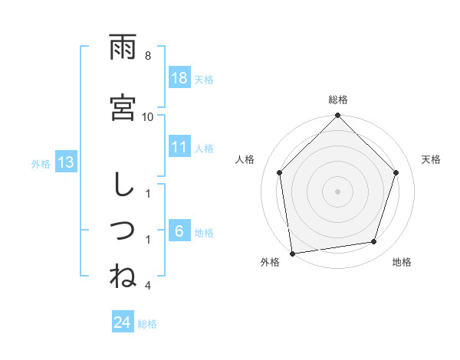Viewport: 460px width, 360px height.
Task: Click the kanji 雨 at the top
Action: click(x=123, y=49)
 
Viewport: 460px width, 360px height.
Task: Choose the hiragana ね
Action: click(x=123, y=275)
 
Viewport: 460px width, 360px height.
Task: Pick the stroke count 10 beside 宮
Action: click(x=148, y=116)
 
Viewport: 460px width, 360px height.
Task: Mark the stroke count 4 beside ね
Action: click(x=148, y=286)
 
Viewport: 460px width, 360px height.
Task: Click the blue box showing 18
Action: click(x=179, y=79)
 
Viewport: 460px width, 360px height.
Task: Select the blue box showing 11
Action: click(x=179, y=148)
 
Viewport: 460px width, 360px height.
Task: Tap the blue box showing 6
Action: click(x=179, y=232)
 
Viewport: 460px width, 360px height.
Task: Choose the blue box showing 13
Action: click(x=65, y=162)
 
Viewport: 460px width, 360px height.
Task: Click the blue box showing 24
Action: click(x=122, y=322)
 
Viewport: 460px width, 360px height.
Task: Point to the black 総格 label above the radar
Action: click(x=338, y=100)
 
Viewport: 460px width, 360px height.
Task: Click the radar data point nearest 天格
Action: click(x=396, y=172)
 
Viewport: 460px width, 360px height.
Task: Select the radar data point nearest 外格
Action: click(x=292, y=253)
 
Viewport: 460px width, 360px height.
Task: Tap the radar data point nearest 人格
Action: click(x=280, y=172)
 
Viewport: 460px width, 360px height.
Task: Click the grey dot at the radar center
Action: click(x=337, y=191)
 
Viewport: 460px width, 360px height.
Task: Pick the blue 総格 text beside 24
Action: click(x=147, y=324)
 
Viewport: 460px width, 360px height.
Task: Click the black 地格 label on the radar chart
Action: click(x=402, y=263)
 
